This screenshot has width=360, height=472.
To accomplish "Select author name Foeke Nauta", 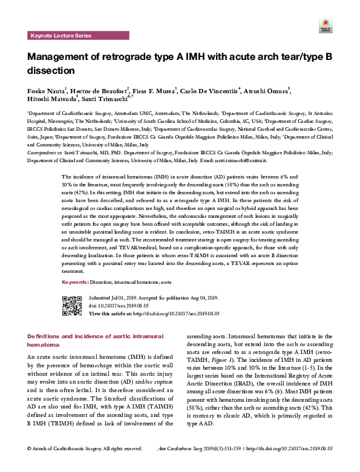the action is pos(46,91).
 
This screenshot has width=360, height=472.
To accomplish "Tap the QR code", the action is pos(72,306).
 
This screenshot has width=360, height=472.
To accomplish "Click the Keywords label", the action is pos(76,282).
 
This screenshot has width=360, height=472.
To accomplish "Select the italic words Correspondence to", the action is pos(41,154).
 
